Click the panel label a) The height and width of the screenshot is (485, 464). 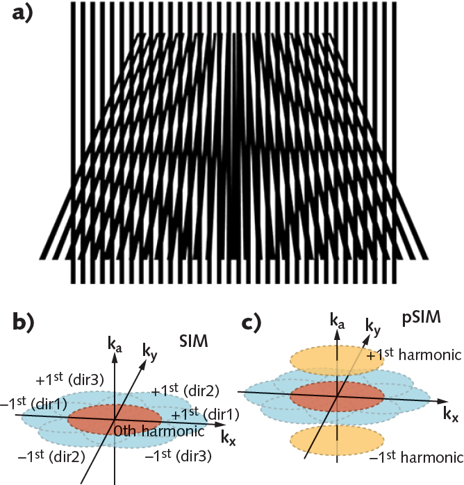(x=26, y=14)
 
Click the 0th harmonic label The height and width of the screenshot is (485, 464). (x=150, y=430)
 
